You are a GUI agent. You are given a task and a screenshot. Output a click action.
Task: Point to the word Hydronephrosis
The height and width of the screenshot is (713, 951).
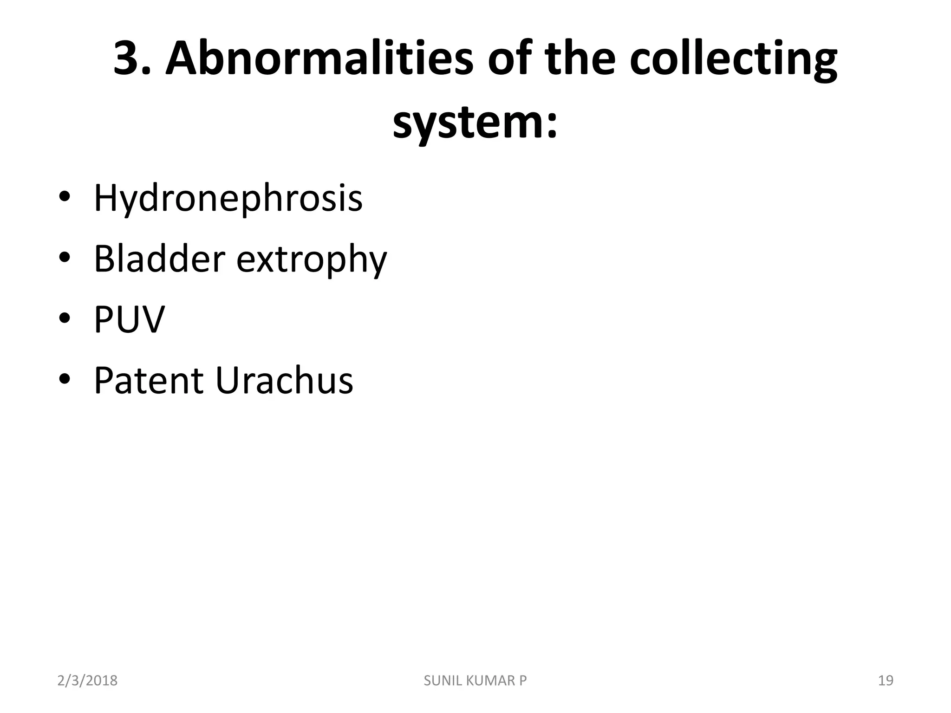228,199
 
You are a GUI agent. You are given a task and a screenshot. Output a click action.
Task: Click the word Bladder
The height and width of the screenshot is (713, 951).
160,259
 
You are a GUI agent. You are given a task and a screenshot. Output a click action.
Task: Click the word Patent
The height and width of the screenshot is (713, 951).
149,381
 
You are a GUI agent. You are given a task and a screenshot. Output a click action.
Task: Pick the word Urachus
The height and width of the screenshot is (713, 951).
284,381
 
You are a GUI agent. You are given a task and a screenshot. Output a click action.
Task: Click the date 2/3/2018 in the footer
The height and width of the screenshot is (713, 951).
87,681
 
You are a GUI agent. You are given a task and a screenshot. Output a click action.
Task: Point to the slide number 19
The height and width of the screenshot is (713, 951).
886,681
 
